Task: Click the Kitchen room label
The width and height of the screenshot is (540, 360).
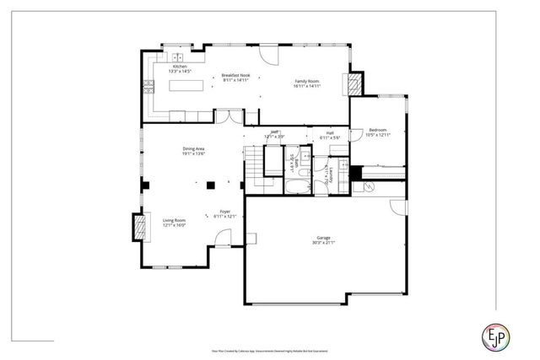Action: [x=180, y=67]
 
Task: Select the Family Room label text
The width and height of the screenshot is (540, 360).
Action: [x=306, y=82]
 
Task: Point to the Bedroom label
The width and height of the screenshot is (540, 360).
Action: [x=377, y=130]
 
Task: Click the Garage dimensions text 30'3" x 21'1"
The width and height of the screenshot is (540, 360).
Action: [x=325, y=243]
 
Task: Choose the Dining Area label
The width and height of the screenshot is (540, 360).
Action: [x=194, y=149]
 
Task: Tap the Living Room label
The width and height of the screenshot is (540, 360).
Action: [x=175, y=221]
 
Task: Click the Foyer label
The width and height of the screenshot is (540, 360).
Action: [x=225, y=212]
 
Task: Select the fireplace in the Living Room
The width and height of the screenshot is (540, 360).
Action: [x=138, y=225]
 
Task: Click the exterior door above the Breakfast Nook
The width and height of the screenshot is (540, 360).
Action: [x=268, y=56]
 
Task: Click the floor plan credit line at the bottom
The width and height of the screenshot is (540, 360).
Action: [x=270, y=350]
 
